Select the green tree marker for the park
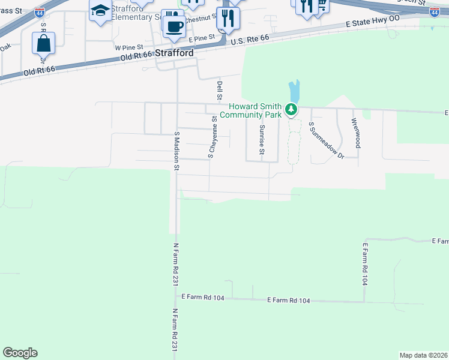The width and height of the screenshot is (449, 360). [291, 109]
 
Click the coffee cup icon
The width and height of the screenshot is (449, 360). [175, 26]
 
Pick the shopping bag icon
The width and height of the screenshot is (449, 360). [44, 43]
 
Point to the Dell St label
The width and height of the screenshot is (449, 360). [220, 91]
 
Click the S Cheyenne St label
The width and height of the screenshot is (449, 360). [212, 137]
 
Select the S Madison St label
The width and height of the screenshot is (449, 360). [176, 151]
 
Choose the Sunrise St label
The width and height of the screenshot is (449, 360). [262, 140]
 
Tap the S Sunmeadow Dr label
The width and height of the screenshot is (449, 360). [326, 140]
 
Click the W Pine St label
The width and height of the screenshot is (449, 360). [129, 46]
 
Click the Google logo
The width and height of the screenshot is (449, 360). [20, 353]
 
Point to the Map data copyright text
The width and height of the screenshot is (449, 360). [423, 355]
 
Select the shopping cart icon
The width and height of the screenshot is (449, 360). [322, 5]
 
